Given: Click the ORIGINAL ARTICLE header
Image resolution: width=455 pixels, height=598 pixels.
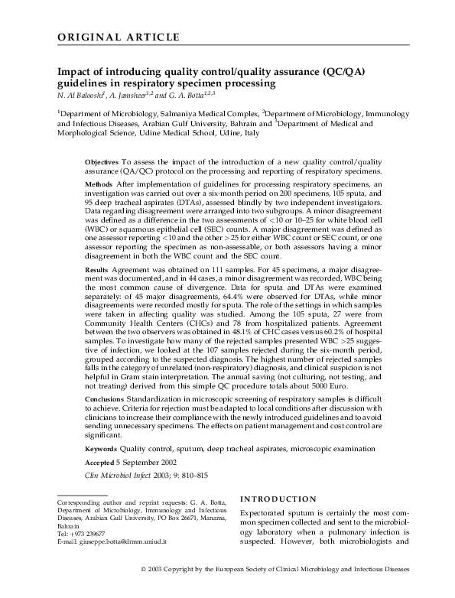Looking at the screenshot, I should click(x=119, y=37).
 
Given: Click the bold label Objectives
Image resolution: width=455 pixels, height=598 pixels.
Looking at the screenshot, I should click(x=102, y=163).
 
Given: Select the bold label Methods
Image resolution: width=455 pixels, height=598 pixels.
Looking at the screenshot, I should click(x=99, y=185).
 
